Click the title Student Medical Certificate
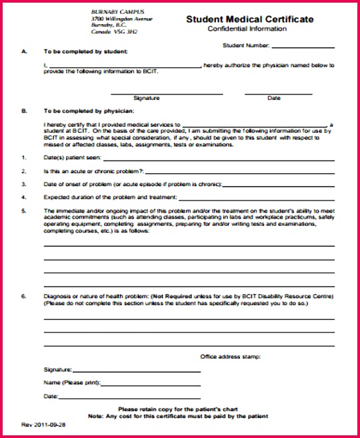(249, 20)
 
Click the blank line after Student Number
(303, 47)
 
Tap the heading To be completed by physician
(89, 111)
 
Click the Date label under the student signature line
(274, 98)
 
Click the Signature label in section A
(146, 98)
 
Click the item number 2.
(23, 172)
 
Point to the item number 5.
(23, 211)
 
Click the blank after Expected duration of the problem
(256, 199)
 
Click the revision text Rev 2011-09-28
(44, 424)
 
